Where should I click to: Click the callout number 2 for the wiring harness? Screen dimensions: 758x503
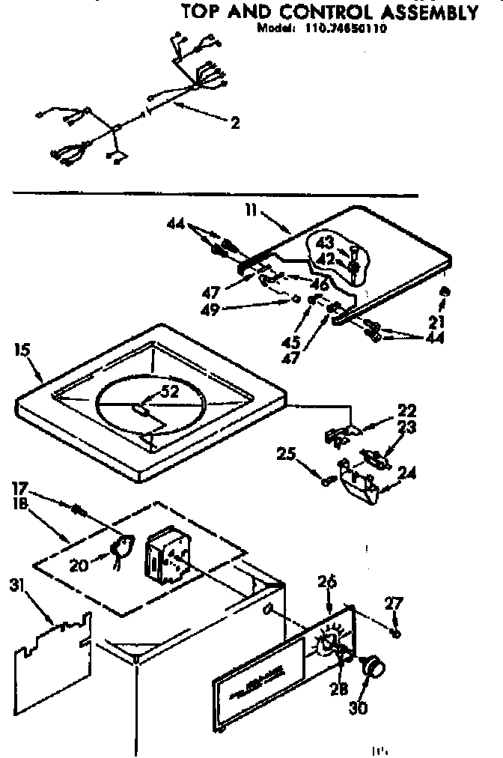[x=235, y=124]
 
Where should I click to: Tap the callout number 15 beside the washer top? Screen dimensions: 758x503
[x=21, y=349]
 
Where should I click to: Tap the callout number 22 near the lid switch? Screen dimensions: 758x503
[x=407, y=411]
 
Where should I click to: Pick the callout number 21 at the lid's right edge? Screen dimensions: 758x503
[x=436, y=323]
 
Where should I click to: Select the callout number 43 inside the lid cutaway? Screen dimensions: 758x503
[x=323, y=243]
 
